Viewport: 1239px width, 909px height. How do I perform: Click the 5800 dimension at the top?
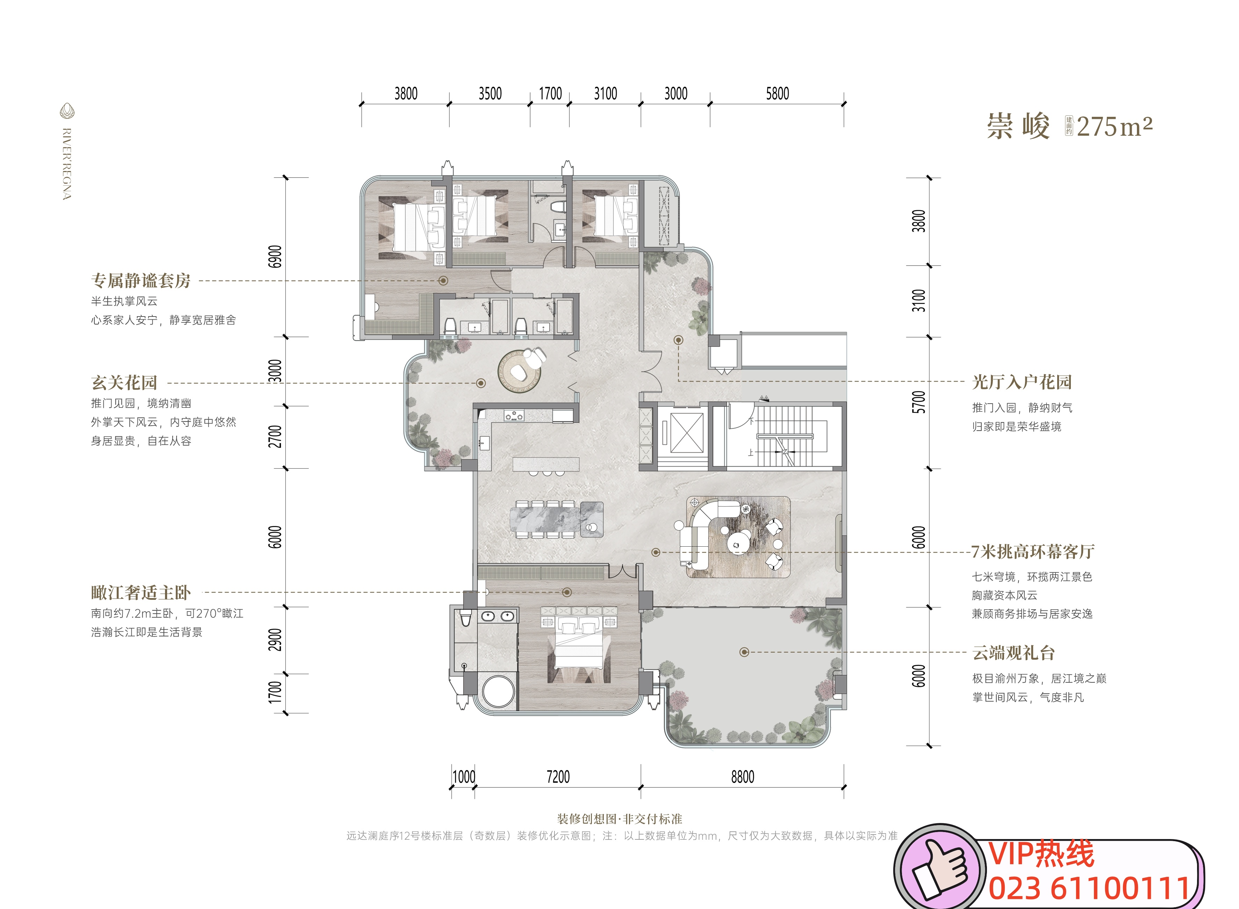point(777,93)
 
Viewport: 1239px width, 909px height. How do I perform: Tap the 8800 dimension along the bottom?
point(743,777)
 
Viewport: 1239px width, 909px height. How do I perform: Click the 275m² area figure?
point(1114,127)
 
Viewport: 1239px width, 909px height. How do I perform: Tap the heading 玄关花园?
point(124,382)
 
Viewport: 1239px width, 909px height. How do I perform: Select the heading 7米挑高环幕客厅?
point(1033,551)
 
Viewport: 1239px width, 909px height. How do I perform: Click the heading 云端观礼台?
point(1014,653)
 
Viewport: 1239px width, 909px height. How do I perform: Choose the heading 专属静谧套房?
point(141,280)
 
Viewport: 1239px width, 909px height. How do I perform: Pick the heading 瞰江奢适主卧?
point(141,592)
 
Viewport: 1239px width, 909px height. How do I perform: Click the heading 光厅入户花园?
point(1022,382)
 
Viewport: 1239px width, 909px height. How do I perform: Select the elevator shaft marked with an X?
point(686,433)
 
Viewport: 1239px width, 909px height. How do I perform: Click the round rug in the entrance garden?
point(519,371)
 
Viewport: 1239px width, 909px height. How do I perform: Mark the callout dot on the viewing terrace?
point(744,652)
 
